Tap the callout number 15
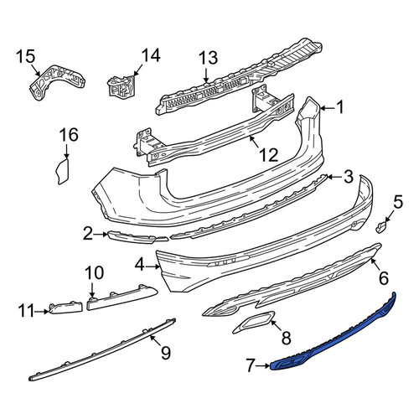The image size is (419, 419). click(26, 56)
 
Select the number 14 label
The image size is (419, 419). click(151, 55)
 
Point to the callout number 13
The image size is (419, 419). click(208, 58)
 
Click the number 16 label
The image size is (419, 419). click(69, 135)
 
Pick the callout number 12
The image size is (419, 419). click(269, 155)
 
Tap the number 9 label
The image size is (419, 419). click(166, 353)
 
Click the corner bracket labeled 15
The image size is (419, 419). click(56, 82)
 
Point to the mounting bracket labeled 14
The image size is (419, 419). click(122, 85)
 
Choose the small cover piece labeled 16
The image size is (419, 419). click(63, 171)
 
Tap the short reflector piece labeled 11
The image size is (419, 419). click(66, 308)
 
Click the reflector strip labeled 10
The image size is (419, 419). click(122, 298)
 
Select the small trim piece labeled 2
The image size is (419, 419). click(138, 237)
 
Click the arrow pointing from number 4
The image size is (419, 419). click(153, 267)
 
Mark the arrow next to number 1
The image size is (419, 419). click(328, 108)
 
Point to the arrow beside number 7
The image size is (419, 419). click(263, 365)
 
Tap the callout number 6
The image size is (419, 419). click(384, 277)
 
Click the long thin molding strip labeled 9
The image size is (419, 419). click(102, 349)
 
